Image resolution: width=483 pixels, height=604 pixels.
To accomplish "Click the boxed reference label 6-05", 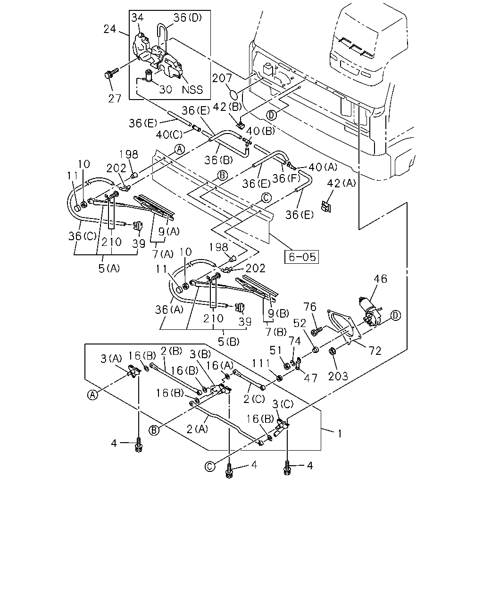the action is pyautogui.click(x=301, y=257).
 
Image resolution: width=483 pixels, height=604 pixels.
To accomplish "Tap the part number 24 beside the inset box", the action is pyautogui.click(x=110, y=29).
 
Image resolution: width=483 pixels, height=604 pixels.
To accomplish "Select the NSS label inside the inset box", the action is pyautogui.click(x=192, y=90).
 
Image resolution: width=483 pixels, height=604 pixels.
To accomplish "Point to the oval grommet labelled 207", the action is pyautogui.click(x=233, y=94).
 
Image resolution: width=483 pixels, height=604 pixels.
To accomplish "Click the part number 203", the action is pyautogui.click(x=338, y=376).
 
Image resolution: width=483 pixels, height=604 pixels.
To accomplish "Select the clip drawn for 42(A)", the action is pyautogui.click(x=326, y=206).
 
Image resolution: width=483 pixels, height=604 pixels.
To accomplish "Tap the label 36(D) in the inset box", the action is pyautogui.click(x=187, y=17).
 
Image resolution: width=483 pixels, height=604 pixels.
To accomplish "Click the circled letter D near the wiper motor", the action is pyautogui.click(x=395, y=316).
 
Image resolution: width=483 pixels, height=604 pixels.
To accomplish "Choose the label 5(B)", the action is pyautogui.click(x=228, y=342).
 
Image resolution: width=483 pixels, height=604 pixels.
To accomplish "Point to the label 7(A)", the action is pyautogui.click(x=163, y=254).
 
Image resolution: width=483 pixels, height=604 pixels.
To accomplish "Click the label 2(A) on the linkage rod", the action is pyautogui.click(x=197, y=429).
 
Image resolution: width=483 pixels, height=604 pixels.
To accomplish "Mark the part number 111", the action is pyautogui.click(x=261, y=363).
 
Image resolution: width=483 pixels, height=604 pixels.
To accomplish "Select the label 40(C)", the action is pyautogui.click(x=169, y=135).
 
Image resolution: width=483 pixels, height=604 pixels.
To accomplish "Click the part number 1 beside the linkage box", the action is pyautogui.click(x=340, y=434).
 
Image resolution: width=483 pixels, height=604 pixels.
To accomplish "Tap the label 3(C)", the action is pyautogui.click(x=283, y=404).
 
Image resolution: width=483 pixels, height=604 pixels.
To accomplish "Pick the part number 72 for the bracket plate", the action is pyautogui.click(x=375, y=351).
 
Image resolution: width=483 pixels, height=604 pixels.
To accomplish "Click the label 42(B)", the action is pyautogui.click(x=227, y=107).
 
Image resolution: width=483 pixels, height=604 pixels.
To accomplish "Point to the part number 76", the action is pyautogui.click(x=310, y=307).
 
